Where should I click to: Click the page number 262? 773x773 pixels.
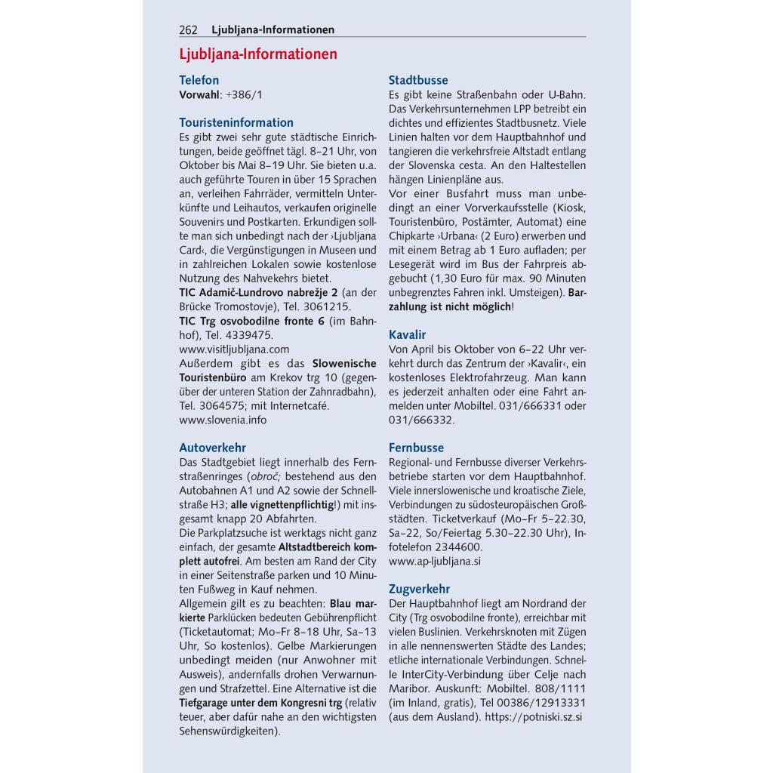tap(188, 30)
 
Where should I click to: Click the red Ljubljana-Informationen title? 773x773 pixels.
tap(258, 54)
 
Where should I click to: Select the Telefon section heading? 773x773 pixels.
tap(199, 80)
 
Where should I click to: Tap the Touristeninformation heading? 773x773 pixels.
tap(236, 122)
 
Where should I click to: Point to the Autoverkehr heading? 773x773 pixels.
tap(212, 448)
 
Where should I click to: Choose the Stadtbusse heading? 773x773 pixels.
tap(418, 80)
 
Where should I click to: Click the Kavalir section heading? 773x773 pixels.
tap(408, 334)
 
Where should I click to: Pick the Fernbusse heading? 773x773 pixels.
tap(416, 448)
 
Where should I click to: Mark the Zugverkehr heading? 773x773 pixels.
tap(419, 589)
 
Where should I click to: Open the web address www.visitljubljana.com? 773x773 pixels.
tap(234, 349)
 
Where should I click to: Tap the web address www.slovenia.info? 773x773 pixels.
tap(223, 420)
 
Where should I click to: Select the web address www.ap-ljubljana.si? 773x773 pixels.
tap(435, 561)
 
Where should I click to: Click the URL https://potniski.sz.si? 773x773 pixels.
tap(534, 716)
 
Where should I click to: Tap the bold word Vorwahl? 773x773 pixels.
tap(199, 94)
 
